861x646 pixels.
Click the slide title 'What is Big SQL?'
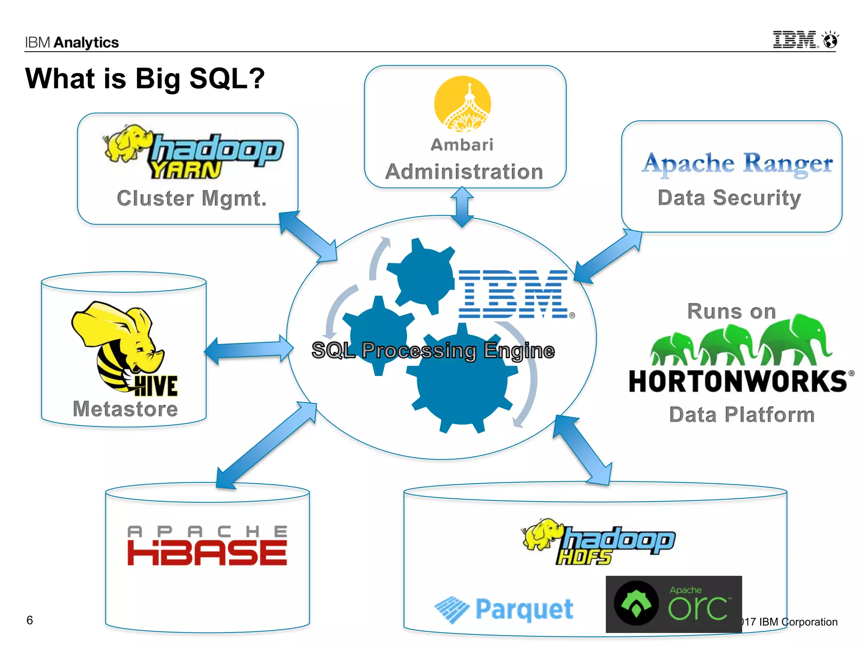click(x=145, y=79)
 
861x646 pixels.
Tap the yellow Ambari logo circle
click(x=462, y=103)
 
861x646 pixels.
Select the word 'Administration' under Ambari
click(x=464, y=172)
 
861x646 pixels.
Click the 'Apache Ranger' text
click(x=737, y=163)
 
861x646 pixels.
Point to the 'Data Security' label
click(x=729, y=198)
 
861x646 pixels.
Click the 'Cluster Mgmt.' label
click(x=192, y=199)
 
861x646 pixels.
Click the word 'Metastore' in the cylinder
click(x=125, y=409)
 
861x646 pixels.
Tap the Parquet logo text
click(x=524, y=609)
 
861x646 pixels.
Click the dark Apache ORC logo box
click(x=673, y=604)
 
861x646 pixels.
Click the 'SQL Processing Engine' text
click(x=433, y=350)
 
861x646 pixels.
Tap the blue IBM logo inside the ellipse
click(x=514, y=294)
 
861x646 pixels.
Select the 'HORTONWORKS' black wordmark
click(x=738, y=381)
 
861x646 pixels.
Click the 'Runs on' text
click(x=732, y=312)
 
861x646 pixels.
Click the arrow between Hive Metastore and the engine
click(x=249, y=350)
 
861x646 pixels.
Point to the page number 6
click(x=29, y=620)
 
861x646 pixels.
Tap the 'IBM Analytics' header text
click(x=72, y=42)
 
